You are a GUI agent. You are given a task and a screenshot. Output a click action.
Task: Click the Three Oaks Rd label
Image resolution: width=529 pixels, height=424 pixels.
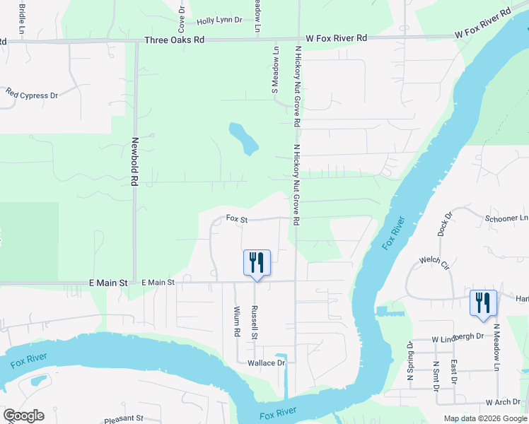[x=174, y=40]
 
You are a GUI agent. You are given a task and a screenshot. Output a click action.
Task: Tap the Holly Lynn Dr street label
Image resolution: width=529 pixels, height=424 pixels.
[x=216, y=22]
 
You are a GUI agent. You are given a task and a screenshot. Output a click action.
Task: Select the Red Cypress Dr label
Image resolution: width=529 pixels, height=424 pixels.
[x=32, y=94]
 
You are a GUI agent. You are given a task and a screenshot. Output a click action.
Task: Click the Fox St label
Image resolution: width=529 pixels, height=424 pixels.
[x=236, y=220]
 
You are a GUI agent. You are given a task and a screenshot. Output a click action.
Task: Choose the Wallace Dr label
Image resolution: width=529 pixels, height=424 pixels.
[x=265, y=363]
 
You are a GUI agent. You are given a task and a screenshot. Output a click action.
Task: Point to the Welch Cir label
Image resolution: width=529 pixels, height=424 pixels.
[x=434, y=262]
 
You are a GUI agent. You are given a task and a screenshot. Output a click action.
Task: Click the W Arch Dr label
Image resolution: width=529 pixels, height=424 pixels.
[x=503, y=402]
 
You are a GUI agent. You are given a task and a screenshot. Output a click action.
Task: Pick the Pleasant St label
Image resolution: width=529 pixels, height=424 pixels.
[x=124, y=419]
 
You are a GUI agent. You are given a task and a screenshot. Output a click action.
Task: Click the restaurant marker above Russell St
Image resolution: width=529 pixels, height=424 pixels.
[x=256, y=263]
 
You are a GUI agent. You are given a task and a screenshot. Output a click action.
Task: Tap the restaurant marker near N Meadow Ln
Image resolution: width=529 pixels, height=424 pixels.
[x=483, y=302]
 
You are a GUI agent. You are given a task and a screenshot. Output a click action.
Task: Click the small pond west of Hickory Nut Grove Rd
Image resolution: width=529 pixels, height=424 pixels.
[x=243, y=139]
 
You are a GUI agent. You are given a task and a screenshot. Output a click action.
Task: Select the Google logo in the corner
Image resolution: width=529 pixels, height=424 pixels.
[x=23, y=416]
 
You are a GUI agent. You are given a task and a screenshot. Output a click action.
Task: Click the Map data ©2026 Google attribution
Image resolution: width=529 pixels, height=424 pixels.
[x=485, y=418]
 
